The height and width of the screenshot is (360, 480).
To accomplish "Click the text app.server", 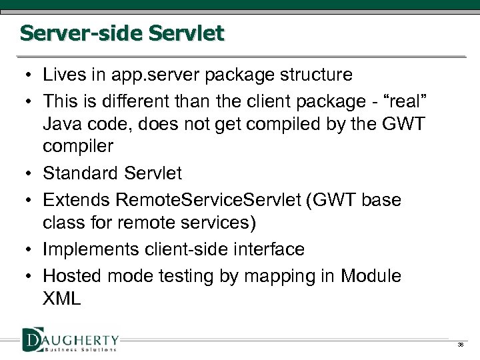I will point(145,75).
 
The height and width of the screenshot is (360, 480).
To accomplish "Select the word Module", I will point(370,275).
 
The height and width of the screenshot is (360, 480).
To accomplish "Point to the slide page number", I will point(461,345).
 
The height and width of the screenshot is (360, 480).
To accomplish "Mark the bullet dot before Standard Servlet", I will point(30,174).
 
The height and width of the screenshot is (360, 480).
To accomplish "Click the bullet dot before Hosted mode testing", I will point(30,275).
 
